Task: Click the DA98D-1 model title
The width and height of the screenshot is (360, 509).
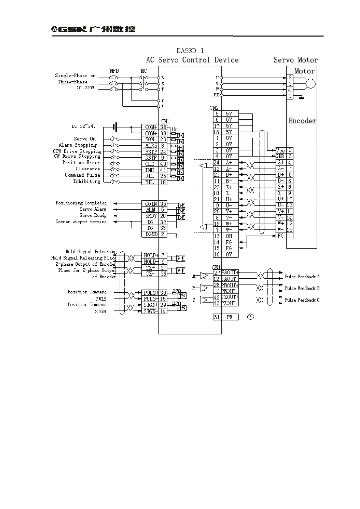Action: coord(190,50)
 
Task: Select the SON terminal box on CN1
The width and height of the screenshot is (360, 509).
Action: coord(150,139)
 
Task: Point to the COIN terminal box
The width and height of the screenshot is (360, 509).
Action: coord(151,204)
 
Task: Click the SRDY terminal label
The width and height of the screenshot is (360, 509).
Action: coord(151,216)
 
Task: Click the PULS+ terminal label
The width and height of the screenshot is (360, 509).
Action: coord(151,293)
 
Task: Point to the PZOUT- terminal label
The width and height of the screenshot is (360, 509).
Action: coord(229,303)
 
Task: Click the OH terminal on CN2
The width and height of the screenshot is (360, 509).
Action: coord(229,236)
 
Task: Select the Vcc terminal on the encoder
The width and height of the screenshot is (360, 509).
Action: coord(280,150)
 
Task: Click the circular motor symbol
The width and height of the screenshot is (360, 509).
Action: coord(310,84)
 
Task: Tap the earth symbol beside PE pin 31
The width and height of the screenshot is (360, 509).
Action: coord(250,317)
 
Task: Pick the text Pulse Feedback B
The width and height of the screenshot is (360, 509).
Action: coord(302,288)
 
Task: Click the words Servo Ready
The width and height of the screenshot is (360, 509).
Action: coord(93,216)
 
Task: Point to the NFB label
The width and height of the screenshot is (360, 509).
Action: coord(114,71)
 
